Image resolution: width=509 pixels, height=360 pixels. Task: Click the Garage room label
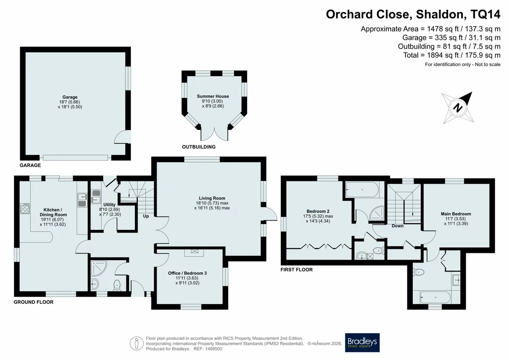70,97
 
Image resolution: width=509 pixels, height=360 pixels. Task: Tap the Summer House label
213,96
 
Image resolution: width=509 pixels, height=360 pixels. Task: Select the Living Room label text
212,198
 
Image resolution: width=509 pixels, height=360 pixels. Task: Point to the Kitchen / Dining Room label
53,212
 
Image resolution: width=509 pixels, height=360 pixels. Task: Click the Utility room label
109,204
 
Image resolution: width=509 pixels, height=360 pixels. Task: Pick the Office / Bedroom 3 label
187,273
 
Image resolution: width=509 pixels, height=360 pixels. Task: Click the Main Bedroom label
456,214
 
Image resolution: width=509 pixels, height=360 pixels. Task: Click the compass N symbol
458,108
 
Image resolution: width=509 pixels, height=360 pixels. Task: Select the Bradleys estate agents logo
362,342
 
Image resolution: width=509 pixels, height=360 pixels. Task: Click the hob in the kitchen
25,208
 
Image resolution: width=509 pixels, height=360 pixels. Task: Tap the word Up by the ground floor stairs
146,216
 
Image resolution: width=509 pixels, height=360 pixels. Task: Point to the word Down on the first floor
397,225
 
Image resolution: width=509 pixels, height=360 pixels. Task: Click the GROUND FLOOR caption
33,302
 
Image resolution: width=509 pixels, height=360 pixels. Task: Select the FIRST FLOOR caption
297,270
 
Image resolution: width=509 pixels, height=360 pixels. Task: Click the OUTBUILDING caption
198,147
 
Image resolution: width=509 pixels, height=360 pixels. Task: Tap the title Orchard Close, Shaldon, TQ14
413,14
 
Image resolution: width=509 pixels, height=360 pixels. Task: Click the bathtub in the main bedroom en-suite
435,297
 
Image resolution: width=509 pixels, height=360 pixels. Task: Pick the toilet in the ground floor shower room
117,285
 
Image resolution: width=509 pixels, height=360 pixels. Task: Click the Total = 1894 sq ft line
452,55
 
